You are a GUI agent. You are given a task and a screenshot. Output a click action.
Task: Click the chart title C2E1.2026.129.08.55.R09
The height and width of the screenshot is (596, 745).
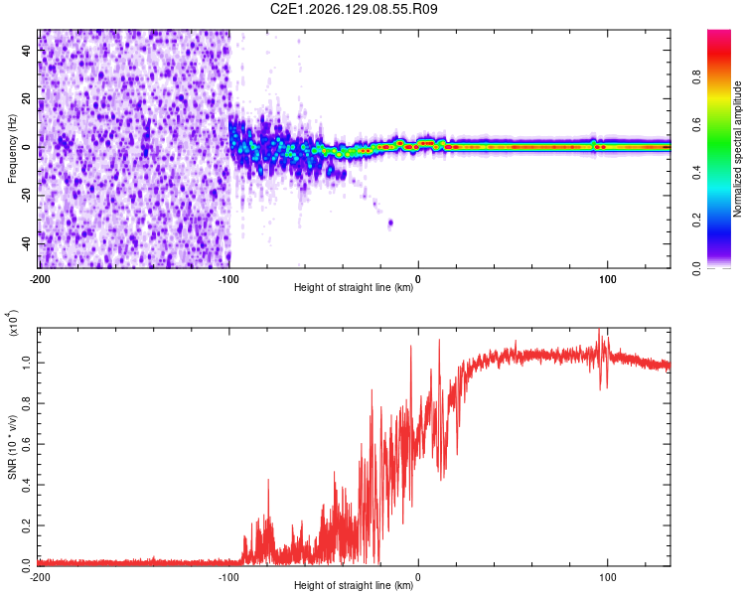pos(354,9)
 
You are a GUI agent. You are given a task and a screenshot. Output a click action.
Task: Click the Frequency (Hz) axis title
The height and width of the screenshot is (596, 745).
pos(12,149)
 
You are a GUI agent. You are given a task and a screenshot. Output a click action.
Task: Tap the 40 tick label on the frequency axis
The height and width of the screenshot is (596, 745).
pos(26,51)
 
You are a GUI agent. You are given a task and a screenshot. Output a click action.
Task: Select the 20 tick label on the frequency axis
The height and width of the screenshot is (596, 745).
pos(26,99)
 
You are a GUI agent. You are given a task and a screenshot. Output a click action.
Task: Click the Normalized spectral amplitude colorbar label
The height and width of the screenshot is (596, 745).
pos(737,149)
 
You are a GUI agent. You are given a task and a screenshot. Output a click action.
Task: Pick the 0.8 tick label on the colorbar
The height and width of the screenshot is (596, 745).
pos(696,76)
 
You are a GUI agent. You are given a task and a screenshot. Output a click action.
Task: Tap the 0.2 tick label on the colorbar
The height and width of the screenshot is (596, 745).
pos(696,221)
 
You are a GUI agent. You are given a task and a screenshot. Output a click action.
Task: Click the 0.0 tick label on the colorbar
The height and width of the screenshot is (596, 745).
pos(696,268)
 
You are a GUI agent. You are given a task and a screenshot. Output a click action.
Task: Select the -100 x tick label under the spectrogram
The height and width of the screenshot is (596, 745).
pos(228,279)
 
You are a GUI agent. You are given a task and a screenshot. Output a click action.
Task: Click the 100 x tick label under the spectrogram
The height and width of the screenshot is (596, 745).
pos(607,279)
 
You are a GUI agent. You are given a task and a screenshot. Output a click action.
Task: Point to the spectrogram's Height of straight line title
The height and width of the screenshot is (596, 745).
pos(354,287)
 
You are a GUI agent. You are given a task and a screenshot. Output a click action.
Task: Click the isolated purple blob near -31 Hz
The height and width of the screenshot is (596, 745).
pos(390,223)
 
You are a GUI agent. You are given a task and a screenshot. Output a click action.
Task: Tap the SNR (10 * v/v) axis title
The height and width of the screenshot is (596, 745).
pos(12,447)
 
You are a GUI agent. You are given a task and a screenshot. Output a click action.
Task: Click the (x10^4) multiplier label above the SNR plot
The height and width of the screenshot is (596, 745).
pos(12,323)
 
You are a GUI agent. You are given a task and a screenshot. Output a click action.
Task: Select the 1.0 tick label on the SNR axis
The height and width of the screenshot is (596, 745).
pos(26,364)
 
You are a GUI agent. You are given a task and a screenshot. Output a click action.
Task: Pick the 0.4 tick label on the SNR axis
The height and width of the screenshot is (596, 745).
pos(26,486)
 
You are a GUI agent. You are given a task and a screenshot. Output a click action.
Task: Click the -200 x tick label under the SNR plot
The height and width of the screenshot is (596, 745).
pos(40,577)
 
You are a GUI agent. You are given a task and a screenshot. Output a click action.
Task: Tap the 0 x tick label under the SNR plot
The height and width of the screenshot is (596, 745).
pos(418,577)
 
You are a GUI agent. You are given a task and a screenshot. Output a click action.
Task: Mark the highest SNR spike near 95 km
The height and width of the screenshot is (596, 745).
pos(599,329)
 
